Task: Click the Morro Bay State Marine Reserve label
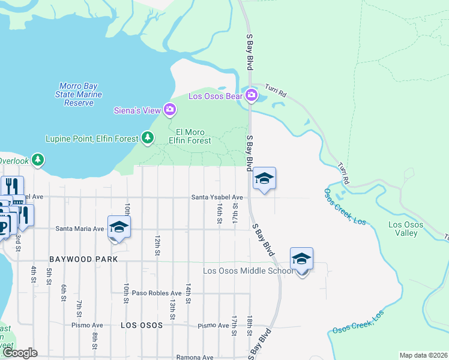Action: coord(80,95)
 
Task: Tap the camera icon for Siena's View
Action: coord(170,109)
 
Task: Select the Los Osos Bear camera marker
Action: coord(251,95)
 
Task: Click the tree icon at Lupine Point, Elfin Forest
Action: coord(148,138)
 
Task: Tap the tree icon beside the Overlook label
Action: coord(38,160)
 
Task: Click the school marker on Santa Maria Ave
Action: coord(119,227)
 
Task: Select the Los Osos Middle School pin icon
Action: coord(301,259)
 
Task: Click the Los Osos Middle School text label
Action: coord(249,271)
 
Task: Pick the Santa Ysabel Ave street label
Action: coord(217,197)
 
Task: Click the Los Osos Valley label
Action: coord(405,229)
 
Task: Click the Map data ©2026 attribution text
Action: coord(423,355)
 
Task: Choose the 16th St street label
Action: coord(220,211)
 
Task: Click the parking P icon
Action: coord(4,226)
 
